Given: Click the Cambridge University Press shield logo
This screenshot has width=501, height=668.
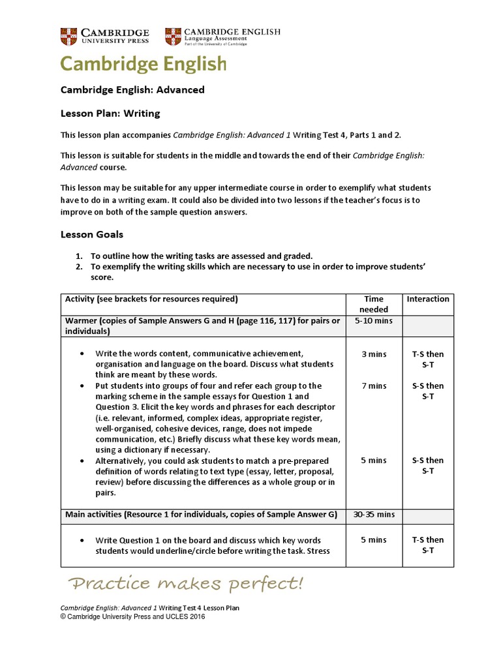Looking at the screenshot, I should pyautogui.click(x=68, y=37).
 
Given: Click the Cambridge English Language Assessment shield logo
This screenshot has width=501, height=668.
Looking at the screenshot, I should pyautogui.click(x=173, y=37).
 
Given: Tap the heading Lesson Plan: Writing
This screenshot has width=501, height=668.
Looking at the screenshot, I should pyautogui.click(x=110, y=114).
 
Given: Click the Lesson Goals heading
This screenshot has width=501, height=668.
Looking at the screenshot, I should pyautogui.click(x=92, y=234).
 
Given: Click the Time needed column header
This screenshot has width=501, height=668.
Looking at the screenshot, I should pyautogui.click(x=374, y=304).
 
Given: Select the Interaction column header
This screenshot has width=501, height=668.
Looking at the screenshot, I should pyautogui.click(x=428, y=299).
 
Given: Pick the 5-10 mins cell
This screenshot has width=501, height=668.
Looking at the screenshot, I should pyautogui.click(x=374, y=321).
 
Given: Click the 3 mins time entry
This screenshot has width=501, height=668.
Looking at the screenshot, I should pyautogui.click(x=374, y=354).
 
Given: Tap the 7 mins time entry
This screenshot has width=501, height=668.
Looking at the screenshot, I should pyautogui.click(x=374, y=386).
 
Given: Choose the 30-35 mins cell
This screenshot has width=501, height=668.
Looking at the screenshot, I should pyautogui.click(x=374, y=515).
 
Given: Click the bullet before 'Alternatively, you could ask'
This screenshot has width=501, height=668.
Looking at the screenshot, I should pyautogui.click(x=82, y=461).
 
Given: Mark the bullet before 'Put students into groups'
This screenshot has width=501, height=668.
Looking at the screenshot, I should pyautogui.click(x=82, y=386).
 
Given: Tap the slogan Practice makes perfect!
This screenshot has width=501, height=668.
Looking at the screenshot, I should pyautogui.click(x=186, y=583).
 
